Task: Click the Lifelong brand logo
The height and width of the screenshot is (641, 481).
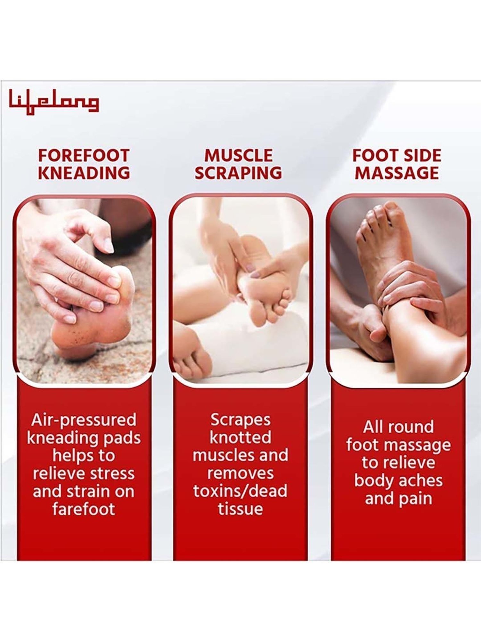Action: [54, 102]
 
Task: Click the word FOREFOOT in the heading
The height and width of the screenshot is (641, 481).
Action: [84, 155]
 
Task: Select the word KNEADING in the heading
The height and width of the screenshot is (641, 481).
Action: [84, 173]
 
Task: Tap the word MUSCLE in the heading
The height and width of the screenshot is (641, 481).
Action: [238, 155]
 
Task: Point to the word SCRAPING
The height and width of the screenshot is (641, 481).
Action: [238, 173]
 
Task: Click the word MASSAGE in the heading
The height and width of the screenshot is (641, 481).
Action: [397, 173]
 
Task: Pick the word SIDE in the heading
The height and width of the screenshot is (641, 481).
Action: [422, 155]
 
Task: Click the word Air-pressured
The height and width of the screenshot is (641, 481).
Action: [84, 420]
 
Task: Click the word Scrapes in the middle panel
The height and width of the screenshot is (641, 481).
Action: [240, 420]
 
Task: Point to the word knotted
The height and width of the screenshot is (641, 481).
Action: [240, 437]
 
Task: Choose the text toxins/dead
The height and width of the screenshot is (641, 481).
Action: [240, 491]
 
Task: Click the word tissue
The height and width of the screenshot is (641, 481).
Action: [240, 509]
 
